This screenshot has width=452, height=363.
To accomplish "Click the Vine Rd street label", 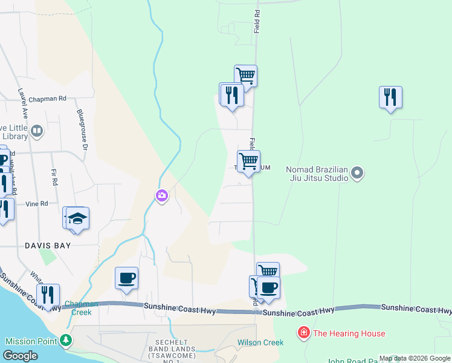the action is coord(36,204).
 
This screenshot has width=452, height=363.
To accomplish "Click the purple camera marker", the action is coord(161,195).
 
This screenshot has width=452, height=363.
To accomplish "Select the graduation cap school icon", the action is coord(77,218).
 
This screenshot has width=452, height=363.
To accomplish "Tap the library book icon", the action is coord(37,131).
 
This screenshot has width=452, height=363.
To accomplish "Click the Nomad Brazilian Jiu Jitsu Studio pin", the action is coord(357,174).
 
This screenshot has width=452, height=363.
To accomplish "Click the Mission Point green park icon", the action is coord(65,341).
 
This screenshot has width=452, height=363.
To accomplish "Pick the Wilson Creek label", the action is coord(260,342).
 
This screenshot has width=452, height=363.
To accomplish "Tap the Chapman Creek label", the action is coord(78,308).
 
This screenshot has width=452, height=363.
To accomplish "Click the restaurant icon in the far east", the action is coord(390,96).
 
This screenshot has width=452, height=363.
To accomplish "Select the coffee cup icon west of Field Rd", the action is coord(126,278).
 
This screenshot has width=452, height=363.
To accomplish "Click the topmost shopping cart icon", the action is coord(245,76).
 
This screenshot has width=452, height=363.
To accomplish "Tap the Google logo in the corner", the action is coord(21,356).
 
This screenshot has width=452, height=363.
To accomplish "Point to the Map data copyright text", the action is coord(415,358).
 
